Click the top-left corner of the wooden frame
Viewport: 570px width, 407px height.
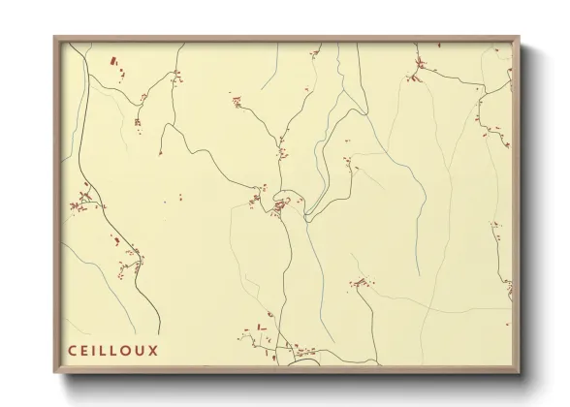pos(55,37)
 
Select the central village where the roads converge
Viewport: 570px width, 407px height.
pos(281,204)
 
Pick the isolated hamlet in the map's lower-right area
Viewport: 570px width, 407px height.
pos(361,283)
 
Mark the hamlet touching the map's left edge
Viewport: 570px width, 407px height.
pos(81,203)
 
